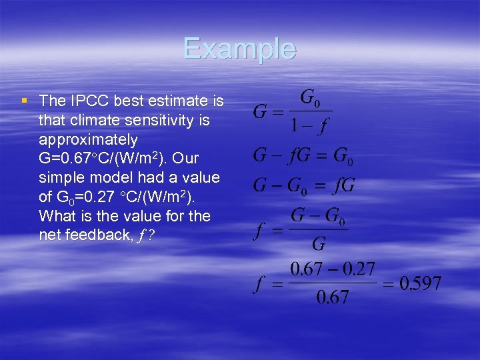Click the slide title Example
pyautogui.click(x=239, y=49)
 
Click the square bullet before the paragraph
pyautogui.click(x=24, y=101)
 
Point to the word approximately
pyautogui.click(x=89, y=140)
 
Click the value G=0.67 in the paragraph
pyautogui.click(x=65, y=159)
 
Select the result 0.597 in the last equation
pyautogui.click(x=420, y=283)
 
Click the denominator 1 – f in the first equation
pyautogui.click(x=309, y=125)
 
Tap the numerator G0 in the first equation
pyautogui.click(x=310, y=99)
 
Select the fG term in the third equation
pyautogui.click(x=342, y=185)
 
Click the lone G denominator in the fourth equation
pyautogui.click(x=319, y=243)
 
